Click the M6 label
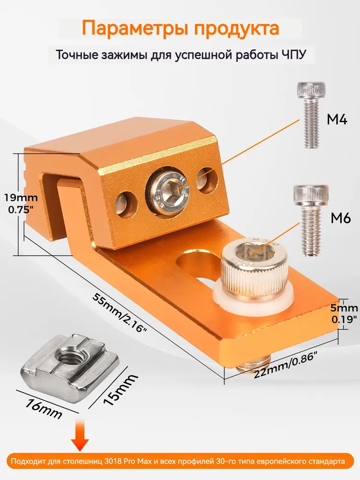(341, 218)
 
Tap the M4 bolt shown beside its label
(311, 115)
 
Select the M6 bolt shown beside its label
(311, 220)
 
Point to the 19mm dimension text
(21, 198)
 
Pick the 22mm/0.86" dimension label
(285, 365)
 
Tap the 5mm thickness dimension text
(344, 308)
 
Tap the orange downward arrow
(80, 435)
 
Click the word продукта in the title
(237, 29)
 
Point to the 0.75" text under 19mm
(21, 210)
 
